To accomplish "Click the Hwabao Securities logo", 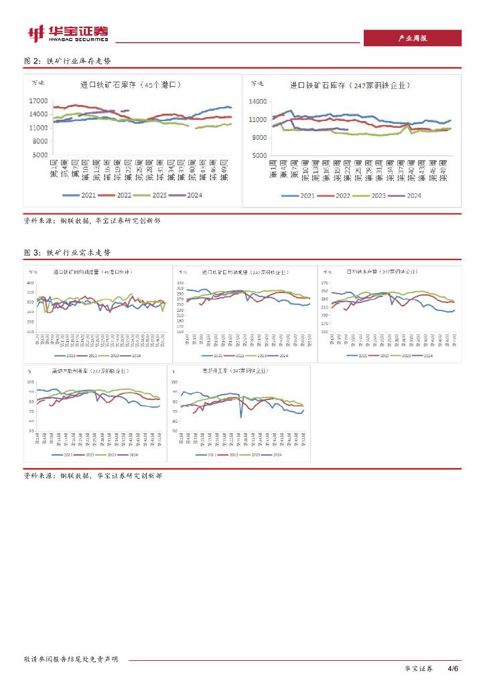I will click(x=67, y=33).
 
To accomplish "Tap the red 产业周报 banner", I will click(x=412, y=38).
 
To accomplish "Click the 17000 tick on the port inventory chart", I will click(x=38, y=101).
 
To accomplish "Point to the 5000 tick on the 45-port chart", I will click(x=40, y=155).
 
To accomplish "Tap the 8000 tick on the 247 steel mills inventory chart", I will click(x=260, y=137).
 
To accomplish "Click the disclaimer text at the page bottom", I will click(x=71, y=659).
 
